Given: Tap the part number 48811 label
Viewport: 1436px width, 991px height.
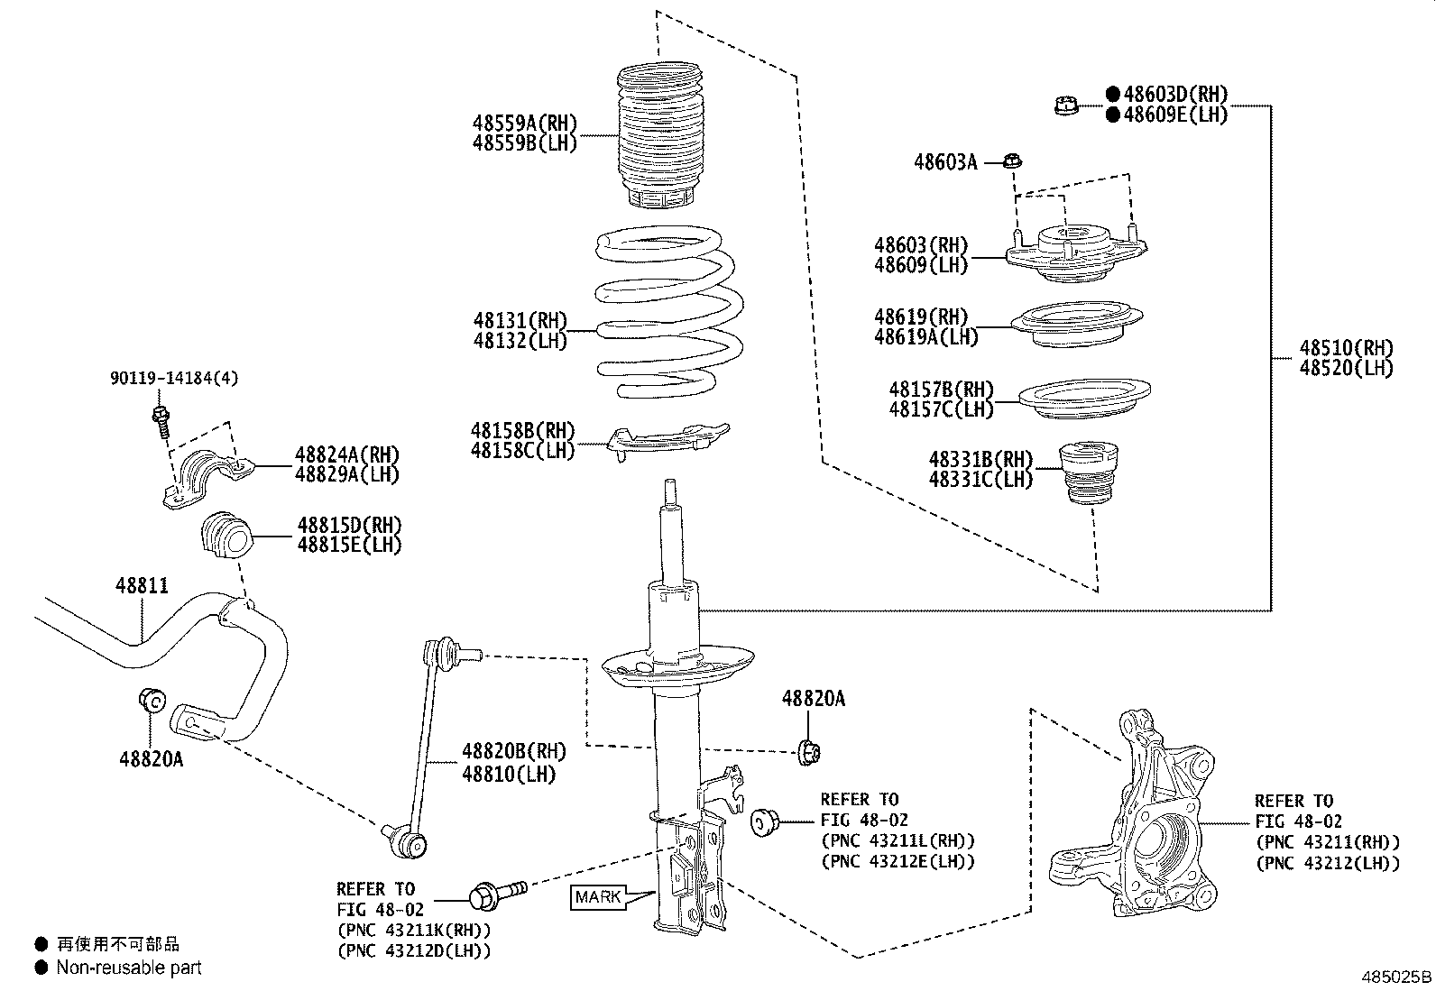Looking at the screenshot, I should (x=142, y=585).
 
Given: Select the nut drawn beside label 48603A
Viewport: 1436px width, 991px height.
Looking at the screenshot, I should (x=1012, y=162).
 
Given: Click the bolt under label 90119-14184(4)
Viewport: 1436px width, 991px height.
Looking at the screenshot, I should (x=161, y=420).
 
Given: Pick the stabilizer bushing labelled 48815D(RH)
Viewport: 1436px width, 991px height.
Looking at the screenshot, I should (x=226, y=536).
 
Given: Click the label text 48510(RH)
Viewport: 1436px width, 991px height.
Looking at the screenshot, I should (x=1346, y=348).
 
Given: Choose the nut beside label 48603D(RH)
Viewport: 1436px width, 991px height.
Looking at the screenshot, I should (x=1066, y=106).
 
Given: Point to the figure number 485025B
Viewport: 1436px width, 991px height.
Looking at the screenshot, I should (x=1395, y=977).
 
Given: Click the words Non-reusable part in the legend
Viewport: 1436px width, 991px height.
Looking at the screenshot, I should (x=129, y=968).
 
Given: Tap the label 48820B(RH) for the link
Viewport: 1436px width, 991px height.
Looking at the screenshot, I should (x=514, y=751).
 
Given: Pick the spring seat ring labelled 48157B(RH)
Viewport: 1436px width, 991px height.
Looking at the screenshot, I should (x=1083, y=398).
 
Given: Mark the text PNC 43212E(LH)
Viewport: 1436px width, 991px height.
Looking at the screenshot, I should (x=897, y=861).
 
